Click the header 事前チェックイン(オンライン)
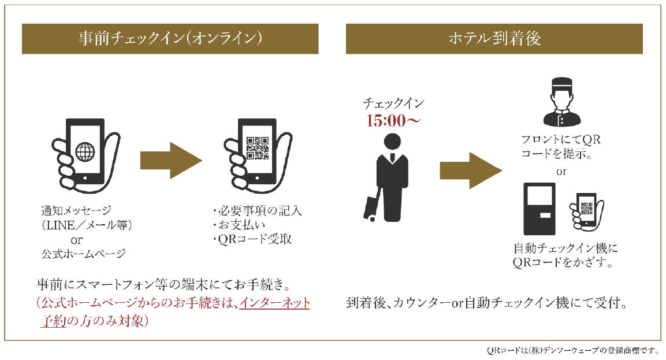[x=170, y=39]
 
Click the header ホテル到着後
[x=494, y=39]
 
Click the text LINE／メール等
[x=87, y=225]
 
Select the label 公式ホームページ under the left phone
[x=83, y=253]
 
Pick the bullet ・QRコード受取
[x=252, y=239]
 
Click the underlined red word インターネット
[x=275, y=302]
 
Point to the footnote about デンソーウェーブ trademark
[x=572, y=350]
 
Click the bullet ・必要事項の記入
[x=257, y=211]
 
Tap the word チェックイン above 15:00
[x=393, y=104]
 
